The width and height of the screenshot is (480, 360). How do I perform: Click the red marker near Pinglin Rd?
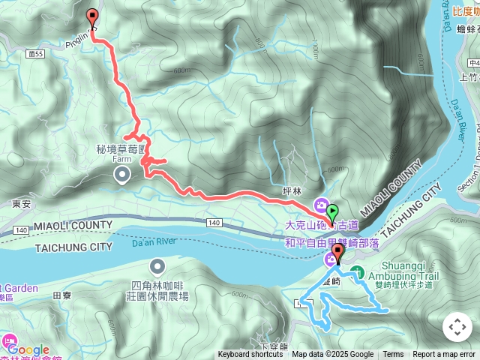tap(92, 17)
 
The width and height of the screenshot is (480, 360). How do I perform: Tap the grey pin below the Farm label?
tap(121, 175)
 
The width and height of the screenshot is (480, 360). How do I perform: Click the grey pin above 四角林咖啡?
tap(157, 266)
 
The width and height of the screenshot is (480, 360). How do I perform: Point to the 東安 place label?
tap(21, 203)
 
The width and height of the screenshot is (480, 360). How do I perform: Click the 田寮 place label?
tap(62, 295)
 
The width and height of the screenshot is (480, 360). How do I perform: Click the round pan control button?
tap(457, 327)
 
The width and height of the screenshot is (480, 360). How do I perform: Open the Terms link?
tap(393, 355)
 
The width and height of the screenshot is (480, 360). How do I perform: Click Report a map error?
tap(444, 355)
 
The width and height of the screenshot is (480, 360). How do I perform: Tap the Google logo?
tap(28, 349)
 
